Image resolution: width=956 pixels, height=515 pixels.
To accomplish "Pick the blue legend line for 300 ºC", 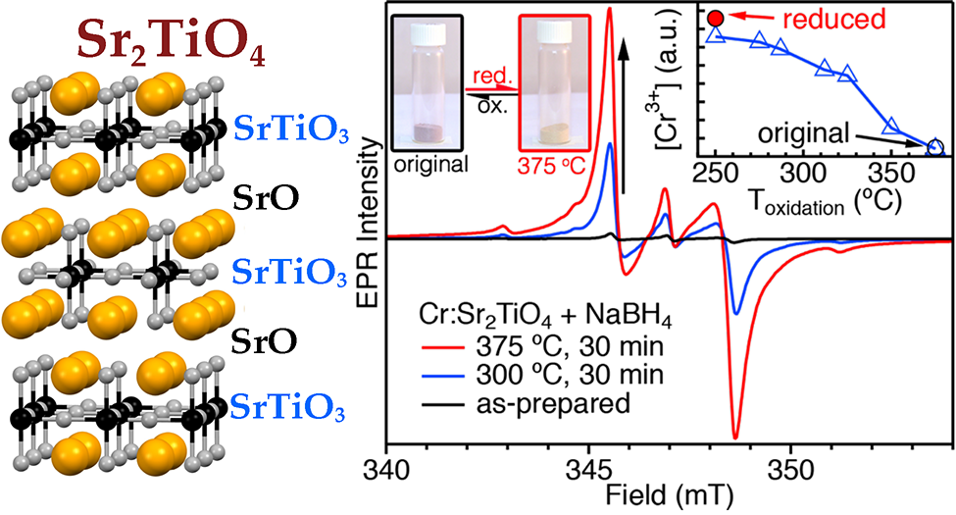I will [432, 373].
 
